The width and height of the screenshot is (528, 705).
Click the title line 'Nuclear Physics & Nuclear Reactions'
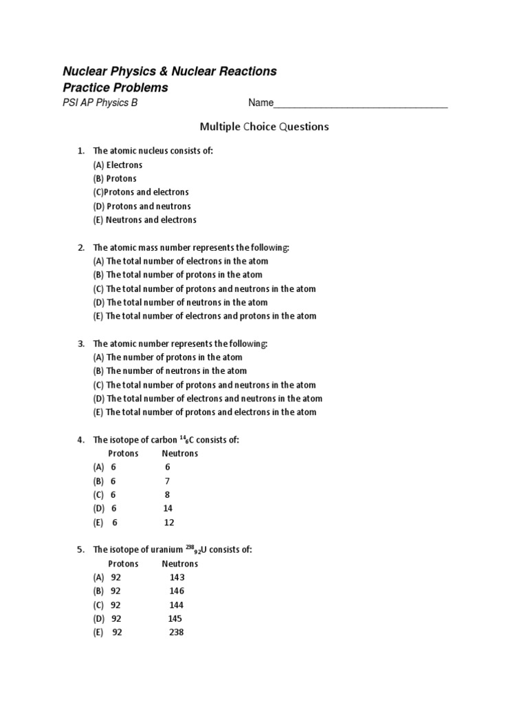(x=169, y=72)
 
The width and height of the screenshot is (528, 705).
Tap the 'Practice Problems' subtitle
(x=115, y=88)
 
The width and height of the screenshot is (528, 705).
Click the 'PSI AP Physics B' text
(x=104, y=104)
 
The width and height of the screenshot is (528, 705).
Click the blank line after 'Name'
(x=360, y=105)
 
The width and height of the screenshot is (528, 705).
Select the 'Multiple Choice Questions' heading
(x=264, y=127)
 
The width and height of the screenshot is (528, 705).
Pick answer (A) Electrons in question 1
(x=118, y=165)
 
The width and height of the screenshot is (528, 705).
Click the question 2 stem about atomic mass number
(x=191, y=247)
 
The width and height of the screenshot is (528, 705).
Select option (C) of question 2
(x=205, y=288)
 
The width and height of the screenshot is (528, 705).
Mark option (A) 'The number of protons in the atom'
(x=168, y=357)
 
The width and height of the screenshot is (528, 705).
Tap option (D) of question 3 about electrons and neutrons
(x=208, y=398)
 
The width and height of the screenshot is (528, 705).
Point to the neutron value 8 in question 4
(x=167, y=494)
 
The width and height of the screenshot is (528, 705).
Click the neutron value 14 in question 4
(x=168, y=508)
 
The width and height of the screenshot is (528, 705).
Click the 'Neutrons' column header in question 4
(x=179, y=453)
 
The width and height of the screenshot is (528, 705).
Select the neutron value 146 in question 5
(x=177, y=591)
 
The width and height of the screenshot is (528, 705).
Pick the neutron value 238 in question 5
(x=177, y=632)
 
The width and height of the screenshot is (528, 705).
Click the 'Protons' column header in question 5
(x=124, y=563)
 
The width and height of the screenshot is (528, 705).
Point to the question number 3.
(x=80, y=344)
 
